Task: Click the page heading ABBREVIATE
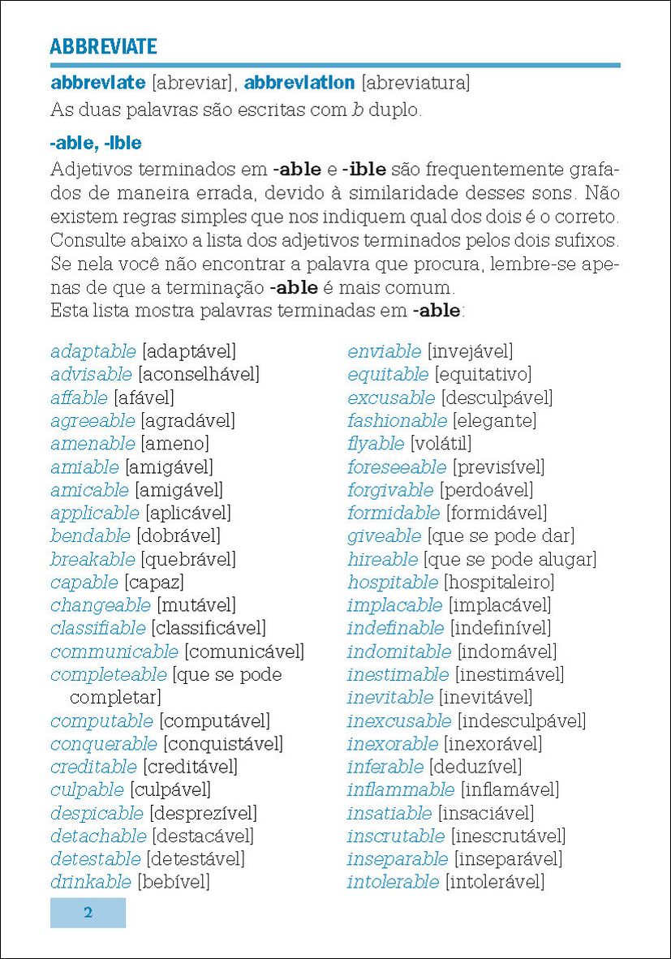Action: click(103, 46)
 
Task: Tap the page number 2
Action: click(88, 913)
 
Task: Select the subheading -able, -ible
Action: click(96, 144)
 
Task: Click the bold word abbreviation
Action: click(299, 83)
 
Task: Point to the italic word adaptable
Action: click(93, 352)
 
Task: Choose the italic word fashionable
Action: click(397, 421)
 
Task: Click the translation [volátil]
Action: click(441, 444)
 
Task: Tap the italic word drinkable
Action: click(90, 882)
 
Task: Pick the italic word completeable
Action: click(109, 675)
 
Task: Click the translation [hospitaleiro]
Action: click(499, 583)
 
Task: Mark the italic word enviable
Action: click(385, 352)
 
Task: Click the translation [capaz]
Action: click(154, 583)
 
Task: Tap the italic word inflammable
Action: click(401, 789)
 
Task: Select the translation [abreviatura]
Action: click(415, 83)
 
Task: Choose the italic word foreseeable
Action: click(397, 467)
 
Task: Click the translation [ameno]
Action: click(174, 444)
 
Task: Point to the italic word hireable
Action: click(382, 560)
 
